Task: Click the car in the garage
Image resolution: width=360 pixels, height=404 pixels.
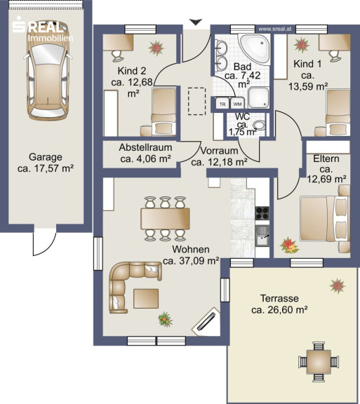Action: [x=48, y=71]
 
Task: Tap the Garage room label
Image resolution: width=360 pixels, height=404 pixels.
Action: [x=46, y=157]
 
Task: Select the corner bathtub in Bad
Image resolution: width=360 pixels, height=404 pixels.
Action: [x=255, y=49]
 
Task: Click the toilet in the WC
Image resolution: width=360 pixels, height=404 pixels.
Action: [x=259, y=126]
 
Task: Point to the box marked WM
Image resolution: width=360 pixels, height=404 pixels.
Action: [x=237, y=104]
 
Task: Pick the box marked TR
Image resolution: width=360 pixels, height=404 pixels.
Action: [x=222, y=104]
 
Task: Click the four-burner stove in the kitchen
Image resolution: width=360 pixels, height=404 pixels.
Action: [x=262, y=213]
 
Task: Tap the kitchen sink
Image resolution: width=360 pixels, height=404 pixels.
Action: [x=262, y=236]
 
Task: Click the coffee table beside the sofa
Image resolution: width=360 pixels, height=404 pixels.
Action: [x=146, y=298]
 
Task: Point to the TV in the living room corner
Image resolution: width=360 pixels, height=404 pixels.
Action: [x=206, y=322]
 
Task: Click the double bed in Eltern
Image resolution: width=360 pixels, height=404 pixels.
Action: [x=324, y=219]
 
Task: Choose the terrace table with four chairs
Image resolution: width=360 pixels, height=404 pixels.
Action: [x=319, y=362]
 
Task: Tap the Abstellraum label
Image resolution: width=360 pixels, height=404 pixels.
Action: [x=145, y=147]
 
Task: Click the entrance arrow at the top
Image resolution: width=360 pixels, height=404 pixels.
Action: [x=196, y=22]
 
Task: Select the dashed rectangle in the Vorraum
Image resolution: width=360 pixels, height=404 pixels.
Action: [x=196, y=101]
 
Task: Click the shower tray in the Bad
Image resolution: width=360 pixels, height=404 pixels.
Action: [x=259, y=97]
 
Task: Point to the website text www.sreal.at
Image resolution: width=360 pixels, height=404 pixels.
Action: [x=275, y=29]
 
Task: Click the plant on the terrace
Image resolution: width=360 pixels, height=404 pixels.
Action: [x=338, y=285]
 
